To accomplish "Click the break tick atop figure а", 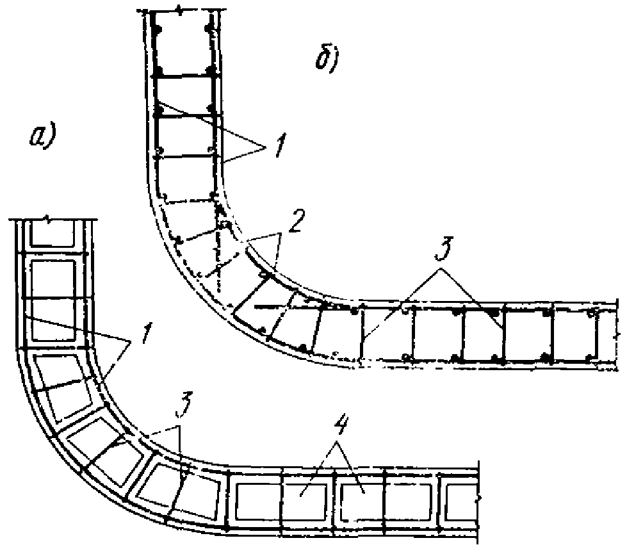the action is [x=50, y=220].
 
